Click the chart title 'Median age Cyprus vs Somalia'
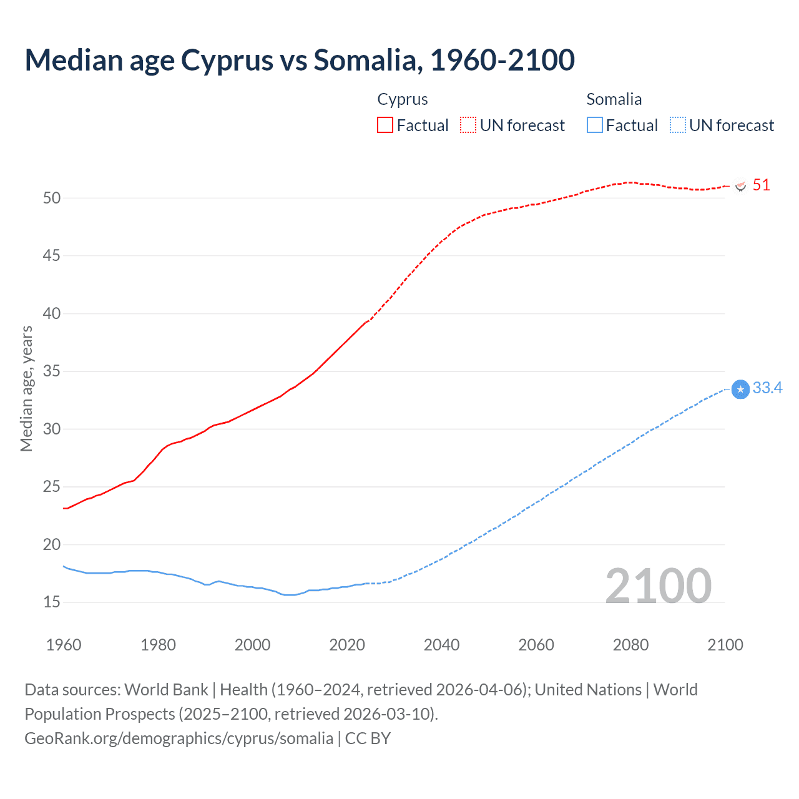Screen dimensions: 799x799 point(300,61)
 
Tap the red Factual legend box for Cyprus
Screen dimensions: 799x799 point(385,125)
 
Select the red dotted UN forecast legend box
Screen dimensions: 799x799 point(468,125)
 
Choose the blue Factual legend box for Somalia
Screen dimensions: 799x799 point(595,125)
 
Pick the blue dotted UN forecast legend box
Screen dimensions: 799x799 point(678,125)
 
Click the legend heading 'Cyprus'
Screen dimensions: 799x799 point(403,99)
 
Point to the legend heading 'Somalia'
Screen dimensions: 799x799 point(614,99)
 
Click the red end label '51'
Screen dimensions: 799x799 point(761,185)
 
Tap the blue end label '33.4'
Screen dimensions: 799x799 point(767,388)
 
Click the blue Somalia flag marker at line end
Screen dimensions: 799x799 point(740,390)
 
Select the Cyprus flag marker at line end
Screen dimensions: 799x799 point(741,186)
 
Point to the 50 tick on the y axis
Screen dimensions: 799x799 point(52,198)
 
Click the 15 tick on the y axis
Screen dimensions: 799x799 point(52,602)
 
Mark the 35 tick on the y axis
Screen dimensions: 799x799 point(52,371)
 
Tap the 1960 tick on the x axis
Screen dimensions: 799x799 point(64,645)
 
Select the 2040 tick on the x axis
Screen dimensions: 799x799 point(441,645)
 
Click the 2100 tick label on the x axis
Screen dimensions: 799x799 point(725,645)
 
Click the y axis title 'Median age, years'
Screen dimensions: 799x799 point(26,388)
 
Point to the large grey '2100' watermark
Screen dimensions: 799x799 point(659,586)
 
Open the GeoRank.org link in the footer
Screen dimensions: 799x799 point(179,738)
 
